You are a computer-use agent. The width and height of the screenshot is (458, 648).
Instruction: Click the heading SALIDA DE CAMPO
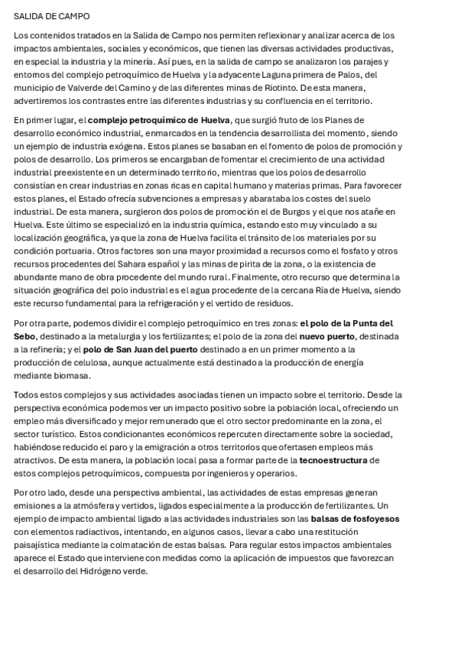tap(50, 15)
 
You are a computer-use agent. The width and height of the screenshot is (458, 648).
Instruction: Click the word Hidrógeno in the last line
tap(93, 571)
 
